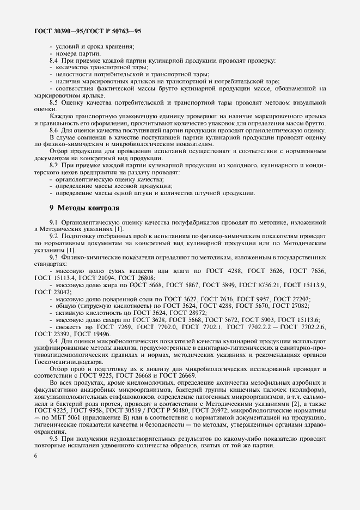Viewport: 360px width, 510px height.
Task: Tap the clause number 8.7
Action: point(55,165)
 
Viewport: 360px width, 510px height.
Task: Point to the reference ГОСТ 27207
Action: point(291,299)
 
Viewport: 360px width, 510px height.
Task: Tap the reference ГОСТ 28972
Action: point(189,313)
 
